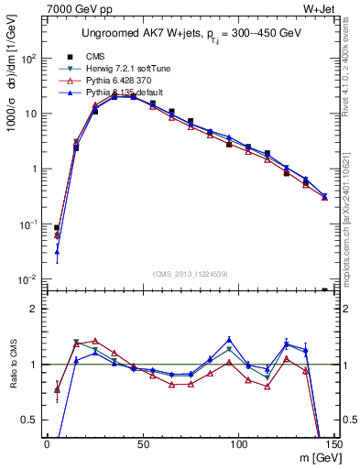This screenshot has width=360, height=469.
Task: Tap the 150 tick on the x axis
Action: [332, 444]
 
